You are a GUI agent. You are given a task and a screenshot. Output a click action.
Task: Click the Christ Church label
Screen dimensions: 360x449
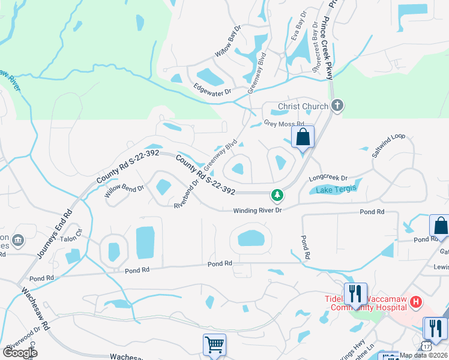303,107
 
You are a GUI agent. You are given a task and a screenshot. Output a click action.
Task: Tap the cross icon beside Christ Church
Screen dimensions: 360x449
337,106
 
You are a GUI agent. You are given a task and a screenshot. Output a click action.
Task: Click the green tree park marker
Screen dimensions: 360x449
277,194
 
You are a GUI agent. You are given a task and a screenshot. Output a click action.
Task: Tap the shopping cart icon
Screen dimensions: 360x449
214,345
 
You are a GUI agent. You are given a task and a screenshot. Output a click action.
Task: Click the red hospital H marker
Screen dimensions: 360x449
416,302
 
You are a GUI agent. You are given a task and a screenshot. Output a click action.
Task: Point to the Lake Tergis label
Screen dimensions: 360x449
333,190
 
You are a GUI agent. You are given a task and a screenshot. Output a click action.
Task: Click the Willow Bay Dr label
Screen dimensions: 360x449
228,42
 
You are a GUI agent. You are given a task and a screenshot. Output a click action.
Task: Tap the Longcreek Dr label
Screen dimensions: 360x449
328,178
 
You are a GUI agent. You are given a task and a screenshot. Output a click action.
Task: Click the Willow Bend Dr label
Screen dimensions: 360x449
124,191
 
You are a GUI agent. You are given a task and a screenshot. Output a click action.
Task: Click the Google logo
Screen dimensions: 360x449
20,353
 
